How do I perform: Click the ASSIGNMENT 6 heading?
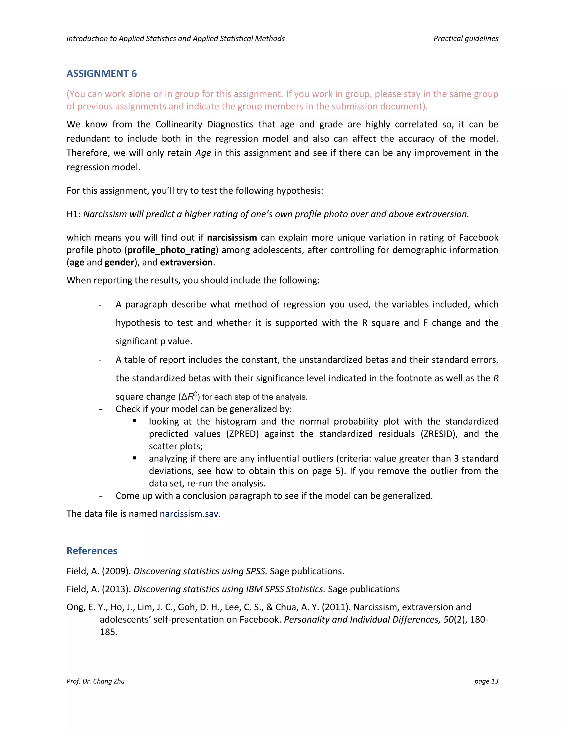click(x=102, y=74)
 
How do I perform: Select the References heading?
click(x=92, y=551)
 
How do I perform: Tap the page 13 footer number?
click(x=486, y=681)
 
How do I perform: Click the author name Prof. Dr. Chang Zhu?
click(x=95, y=681)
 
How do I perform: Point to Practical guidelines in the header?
click(x=466, y=39)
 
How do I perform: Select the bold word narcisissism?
click(x=232, y=238)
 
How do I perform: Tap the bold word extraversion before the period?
click(x=186, y=262)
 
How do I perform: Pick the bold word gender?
click(x=119, y=262)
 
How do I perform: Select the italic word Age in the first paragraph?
click(x=203, y=153)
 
